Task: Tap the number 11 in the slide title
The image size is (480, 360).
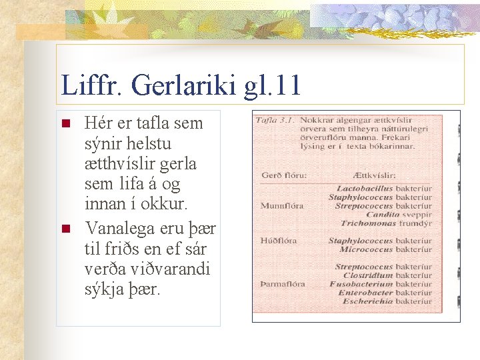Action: click(x=285, y=85)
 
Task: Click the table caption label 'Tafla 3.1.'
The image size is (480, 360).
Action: click(x=276, y=120)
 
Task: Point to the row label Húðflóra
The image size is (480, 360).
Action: click(x=279, y=240)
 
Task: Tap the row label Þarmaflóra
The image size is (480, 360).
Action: click(x=283, y=284)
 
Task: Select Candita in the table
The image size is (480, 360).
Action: click(x=382, y=215)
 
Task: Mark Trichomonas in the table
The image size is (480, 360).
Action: click(x=368, y=223)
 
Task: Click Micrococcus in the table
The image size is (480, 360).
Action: click(x=367, y=249)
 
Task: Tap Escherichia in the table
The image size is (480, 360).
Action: click(x=369, y=301)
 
